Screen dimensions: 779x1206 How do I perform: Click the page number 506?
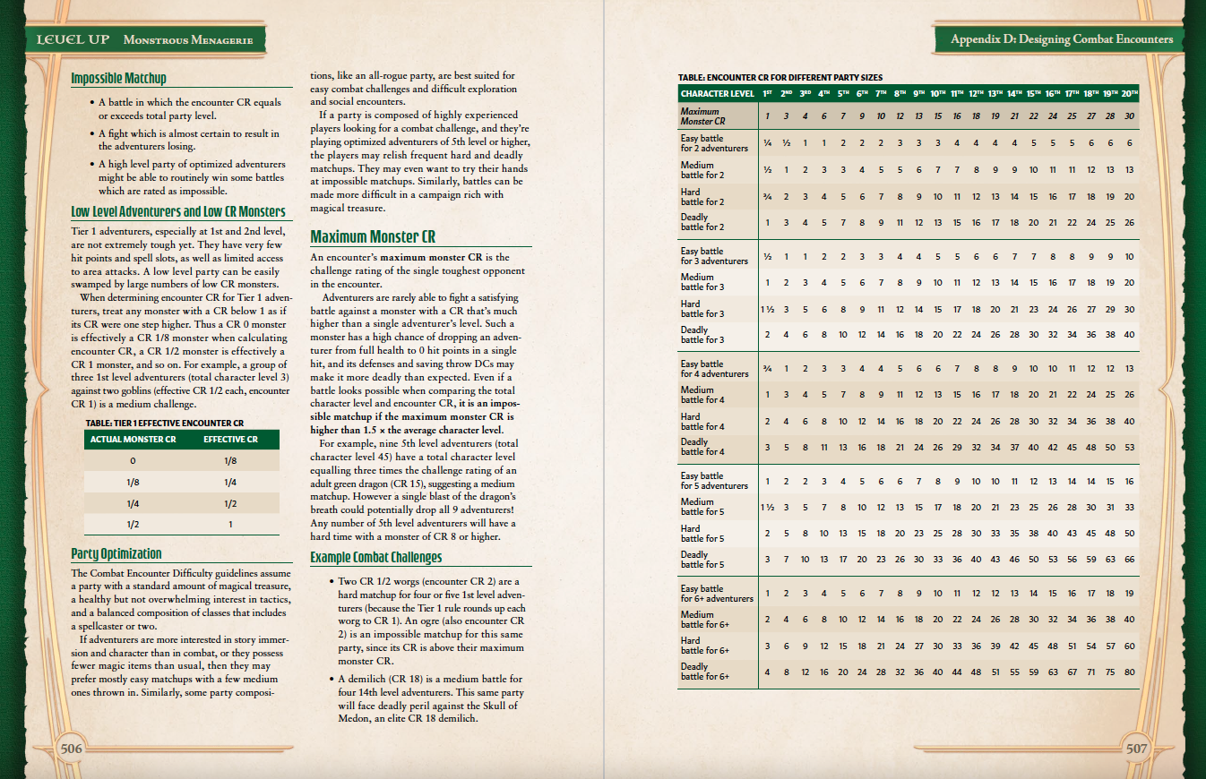[x=71, y=749]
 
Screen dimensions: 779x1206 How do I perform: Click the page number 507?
[x=1136, y=749]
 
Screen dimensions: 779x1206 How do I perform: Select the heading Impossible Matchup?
[x=118, y=79]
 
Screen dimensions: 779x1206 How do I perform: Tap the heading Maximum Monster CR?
[x=373, y=237]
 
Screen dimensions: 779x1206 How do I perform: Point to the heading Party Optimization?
[x=116, y=553]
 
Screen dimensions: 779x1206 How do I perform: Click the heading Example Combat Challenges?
[x=376, y=558]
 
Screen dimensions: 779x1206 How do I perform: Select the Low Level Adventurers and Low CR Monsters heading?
[x=178, y=212]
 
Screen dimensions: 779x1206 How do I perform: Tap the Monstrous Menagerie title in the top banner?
[x=188, y=40]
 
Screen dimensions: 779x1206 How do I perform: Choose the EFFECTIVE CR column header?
[x=230, y=440]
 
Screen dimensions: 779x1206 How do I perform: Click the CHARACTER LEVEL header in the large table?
[x=717, y=93]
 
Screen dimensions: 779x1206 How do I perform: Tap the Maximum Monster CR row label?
[x=702, y=116]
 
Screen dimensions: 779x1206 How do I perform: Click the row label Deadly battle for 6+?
[x=705, y=672]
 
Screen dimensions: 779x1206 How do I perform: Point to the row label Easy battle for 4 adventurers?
[x=714, y=369]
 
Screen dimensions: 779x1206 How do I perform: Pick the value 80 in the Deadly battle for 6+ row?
[x=1129, y=672]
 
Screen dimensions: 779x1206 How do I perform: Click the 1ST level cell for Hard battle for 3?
[x=768, y=309]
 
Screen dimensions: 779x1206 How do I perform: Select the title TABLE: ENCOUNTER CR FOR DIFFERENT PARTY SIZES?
[x=781, y=78]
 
